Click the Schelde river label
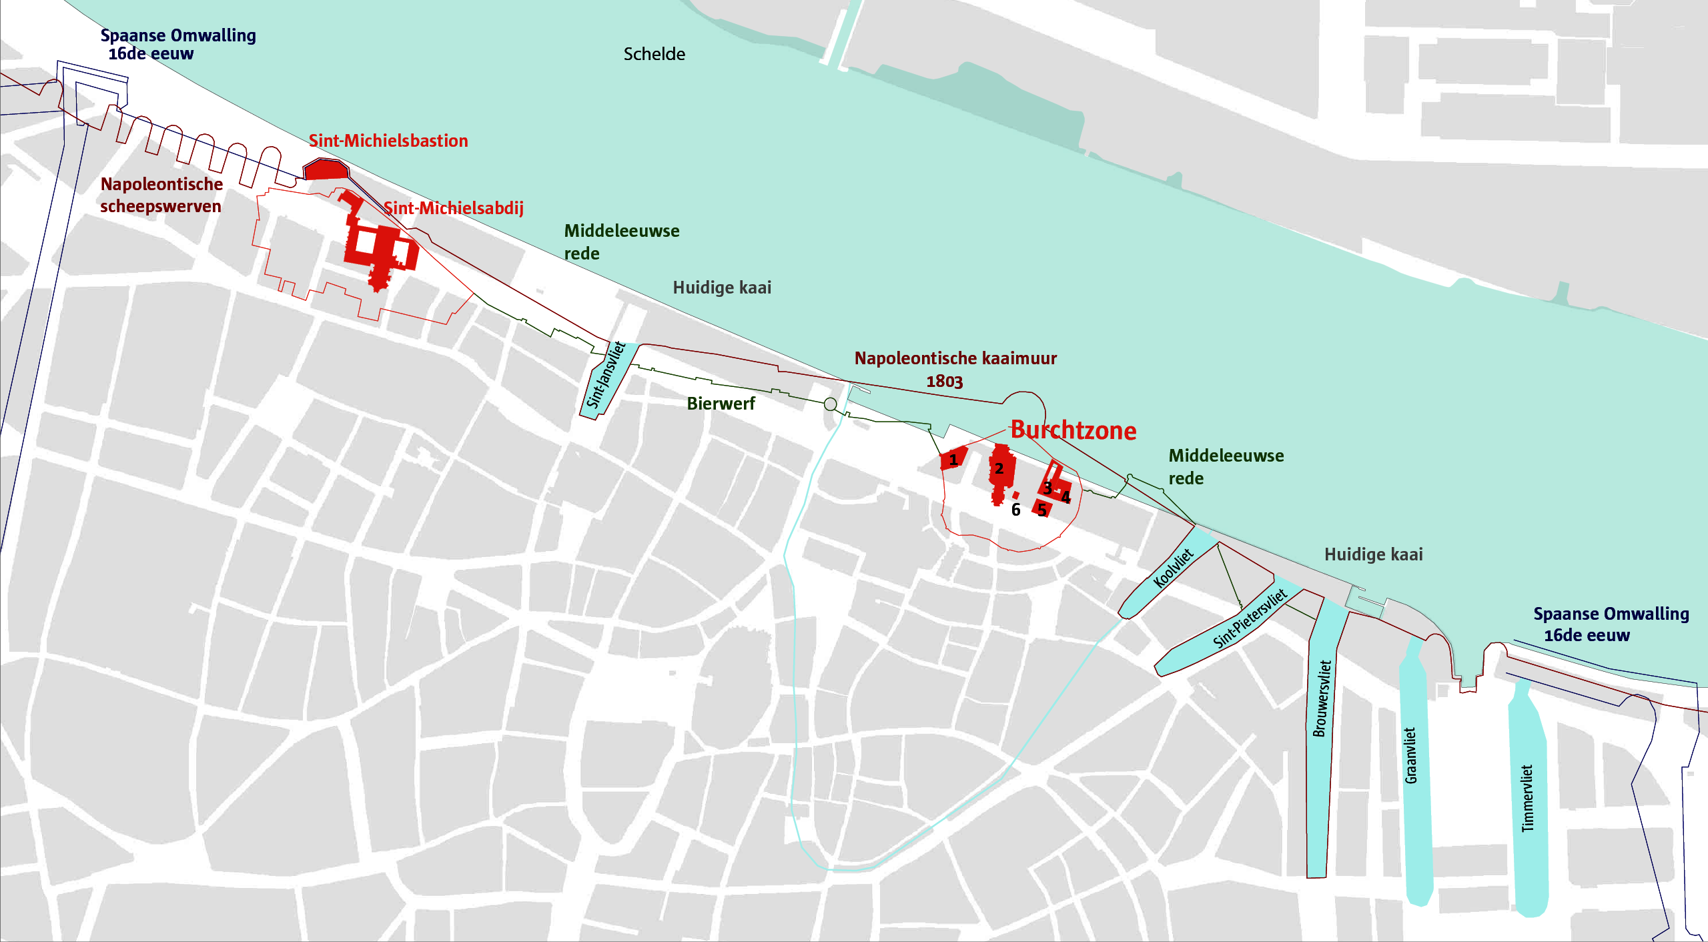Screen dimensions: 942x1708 [x=654, y=54]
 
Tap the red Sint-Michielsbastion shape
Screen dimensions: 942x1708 [x=326, y=169]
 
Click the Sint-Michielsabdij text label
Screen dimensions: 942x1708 [x=454, y=208]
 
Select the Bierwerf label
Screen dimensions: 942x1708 [x=721, y=404]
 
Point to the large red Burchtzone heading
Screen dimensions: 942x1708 [x=1073, y=430]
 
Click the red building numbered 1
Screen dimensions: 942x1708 [x=953, y=459]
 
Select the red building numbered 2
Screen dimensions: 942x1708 [x=1001, y=470]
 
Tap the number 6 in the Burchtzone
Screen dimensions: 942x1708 [x=1015, y=510]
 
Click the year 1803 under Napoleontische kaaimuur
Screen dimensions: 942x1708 [x=944, y=382]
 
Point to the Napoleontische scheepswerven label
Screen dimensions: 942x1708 [x=161, y=195]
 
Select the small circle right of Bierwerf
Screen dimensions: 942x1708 [x=830, y=404]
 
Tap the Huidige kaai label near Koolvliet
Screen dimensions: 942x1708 [x=1373, y=554]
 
